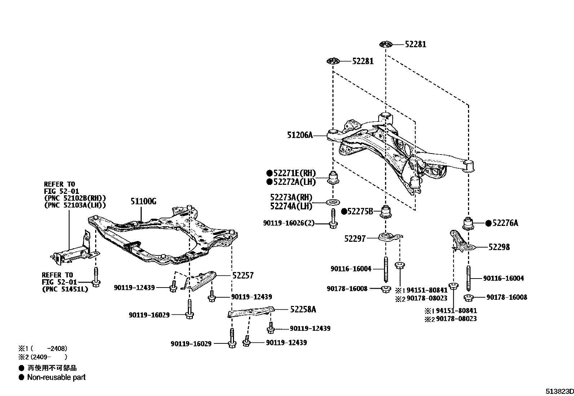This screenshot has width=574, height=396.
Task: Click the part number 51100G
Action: point(143,201)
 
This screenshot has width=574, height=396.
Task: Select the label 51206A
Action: point(300,135)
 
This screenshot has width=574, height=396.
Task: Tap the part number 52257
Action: point(243,276)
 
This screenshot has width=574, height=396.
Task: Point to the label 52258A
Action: point(303,310)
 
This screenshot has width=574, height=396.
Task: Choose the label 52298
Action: point(499,247)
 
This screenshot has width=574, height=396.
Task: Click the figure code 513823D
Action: point(559,391)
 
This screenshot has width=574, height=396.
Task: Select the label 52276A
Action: point(505,223)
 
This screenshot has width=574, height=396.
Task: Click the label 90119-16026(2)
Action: point(288,223)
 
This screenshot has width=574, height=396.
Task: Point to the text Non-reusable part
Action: point(56,377)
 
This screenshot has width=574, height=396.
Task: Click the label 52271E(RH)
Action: point(294,173)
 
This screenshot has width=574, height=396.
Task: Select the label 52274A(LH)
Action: point(291,206)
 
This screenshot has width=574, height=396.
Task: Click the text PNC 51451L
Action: point(65,289)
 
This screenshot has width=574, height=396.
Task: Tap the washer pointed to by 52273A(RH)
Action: point(333,202)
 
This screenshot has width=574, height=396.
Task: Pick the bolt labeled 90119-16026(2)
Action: point(333,219)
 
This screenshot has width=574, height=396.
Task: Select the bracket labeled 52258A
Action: point(251,312)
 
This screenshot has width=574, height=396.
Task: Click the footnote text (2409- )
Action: point(49,357)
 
